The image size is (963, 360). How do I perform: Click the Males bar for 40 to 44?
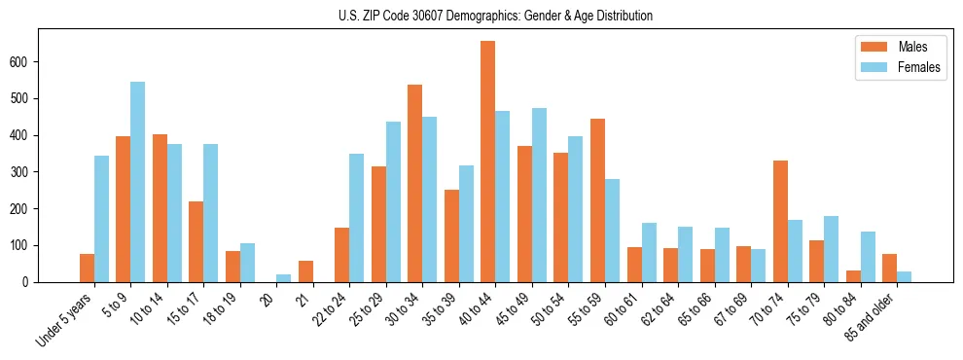488,162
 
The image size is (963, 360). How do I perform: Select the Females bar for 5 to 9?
138,182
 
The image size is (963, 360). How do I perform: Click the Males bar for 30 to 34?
415,183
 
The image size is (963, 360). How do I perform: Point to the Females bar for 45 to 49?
539,195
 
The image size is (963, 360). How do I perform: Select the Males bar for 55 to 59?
597,200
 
